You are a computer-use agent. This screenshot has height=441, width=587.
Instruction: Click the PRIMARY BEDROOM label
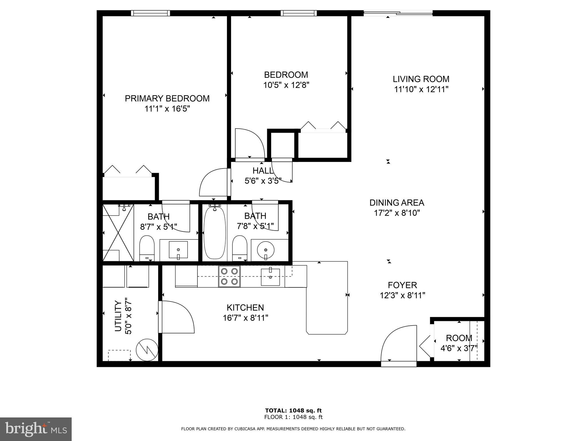pyautogui.click(x=167, y=98)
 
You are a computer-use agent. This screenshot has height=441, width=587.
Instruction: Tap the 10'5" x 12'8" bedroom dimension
pyautogui.click(x=286, y=85)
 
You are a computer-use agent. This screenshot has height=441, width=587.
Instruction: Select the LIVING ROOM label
pyautogui.click(x=421, y=79)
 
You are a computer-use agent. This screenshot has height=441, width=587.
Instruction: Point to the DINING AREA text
pyautogui.click(x=397, y=203)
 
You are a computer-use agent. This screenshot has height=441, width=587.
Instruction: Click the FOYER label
pyautogui.click(x=402, y=285)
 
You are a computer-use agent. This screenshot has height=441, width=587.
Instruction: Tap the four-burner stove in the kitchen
pyautogui.click(x=229, y=276)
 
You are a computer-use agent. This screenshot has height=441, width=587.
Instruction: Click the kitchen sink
pyautogui.click(x=270, y=277)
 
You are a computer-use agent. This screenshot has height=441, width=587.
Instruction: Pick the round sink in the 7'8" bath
pyautogui.click(x=266, y=250)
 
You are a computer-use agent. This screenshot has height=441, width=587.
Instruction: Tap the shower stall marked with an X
pyautogui.click(x=118, y=233)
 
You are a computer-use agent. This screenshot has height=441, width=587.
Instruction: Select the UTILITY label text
pyautogui.click(x=118, y=316)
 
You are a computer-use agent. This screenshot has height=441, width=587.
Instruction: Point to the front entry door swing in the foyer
pyautogui.click(x=398, y=345)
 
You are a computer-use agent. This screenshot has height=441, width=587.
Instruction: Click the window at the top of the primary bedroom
pyautogui.click(x=150, y=13)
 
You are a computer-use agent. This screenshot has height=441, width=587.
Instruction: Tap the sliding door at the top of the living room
pyautogui.click(x=398, y=13)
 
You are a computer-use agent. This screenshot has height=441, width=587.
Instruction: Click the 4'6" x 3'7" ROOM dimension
pyautogui.click(x=459, y=349)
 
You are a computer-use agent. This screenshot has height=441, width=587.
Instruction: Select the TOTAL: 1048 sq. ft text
pyautogui.click(x=293, y=411)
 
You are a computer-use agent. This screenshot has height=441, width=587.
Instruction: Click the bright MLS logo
pyautogui.click(x=36, y=429)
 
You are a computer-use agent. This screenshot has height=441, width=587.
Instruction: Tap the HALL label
pyautogui.click(x=263, y=171)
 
